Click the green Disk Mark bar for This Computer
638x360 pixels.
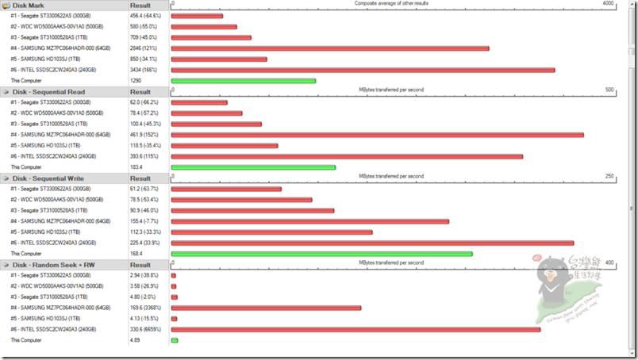click(243, 81)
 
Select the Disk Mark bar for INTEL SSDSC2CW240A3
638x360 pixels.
click(362, 70)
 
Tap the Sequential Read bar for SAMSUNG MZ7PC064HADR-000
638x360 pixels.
click(377, 135)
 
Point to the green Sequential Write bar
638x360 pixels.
click(321, 254)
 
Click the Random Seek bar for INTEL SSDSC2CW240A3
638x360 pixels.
click(356, 329)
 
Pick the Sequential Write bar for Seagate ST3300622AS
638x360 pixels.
click(226, 189)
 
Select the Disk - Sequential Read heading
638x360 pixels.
click(48, 91)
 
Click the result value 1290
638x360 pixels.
click(136, 81)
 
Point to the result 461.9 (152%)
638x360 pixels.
click(144, 135)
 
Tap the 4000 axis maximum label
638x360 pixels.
click(608, 4)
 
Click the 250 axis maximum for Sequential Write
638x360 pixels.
click(609, 176)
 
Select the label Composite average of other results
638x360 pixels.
click(390, 4)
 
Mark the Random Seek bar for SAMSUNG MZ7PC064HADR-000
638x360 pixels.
click(266, 308)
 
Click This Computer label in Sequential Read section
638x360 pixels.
click(26, 167)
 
